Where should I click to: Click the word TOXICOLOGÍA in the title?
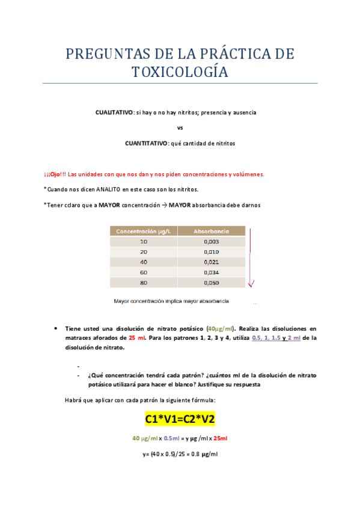[x=180, y=72]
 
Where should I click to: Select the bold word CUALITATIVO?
[x=114, y=112]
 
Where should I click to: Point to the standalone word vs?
[x=180, y=128]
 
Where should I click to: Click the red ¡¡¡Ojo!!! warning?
[x=55, y=174]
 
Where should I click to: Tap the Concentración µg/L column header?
[x=143, y=231]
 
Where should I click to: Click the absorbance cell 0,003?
[x=211, y=241]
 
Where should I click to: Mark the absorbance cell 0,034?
[x=211, y=272]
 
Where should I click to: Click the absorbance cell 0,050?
[x=211, y=282]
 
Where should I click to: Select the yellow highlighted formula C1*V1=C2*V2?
[x=180, y=419]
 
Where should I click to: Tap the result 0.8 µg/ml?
[x=203, y=454]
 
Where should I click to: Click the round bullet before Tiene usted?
[x=55, y=329]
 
